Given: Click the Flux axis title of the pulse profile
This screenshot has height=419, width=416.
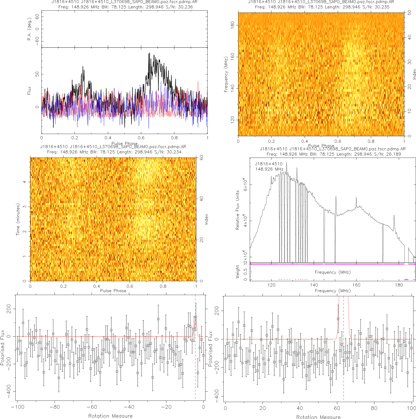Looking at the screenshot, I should [29, 90].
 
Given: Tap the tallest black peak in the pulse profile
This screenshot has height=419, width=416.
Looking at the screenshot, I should [150, 54].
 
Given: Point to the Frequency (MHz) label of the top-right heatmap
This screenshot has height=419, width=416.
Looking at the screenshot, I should [226, 74].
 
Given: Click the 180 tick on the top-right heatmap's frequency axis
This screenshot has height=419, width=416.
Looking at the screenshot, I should [232, 25].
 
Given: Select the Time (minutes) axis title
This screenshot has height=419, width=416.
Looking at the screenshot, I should [18, 219].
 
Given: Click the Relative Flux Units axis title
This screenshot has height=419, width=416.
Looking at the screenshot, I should [237, 210].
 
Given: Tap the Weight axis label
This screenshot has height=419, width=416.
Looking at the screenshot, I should [237, 272].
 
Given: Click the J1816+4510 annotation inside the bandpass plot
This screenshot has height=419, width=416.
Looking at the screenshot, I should [269, 164].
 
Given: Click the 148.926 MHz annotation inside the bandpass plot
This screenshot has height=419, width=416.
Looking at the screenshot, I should [269, 169].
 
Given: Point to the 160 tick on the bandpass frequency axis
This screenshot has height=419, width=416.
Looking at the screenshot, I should [356, 285].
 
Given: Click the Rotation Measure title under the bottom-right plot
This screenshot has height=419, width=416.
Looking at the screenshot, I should [318, 417].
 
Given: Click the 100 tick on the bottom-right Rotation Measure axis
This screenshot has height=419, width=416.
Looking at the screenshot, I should [411, 408].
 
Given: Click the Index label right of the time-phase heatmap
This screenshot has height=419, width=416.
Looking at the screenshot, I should [206, 219].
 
